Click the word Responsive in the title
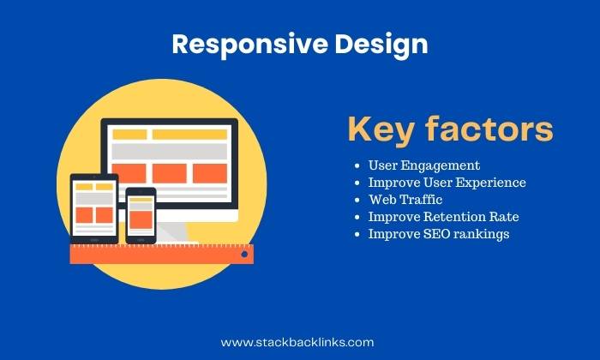click(x=250, y=44)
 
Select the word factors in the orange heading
click(x=489, y=129)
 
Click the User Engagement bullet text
click(x=424, y=165)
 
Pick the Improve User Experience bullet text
click(x=447, y=183)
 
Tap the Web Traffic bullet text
click(x=405, y=200)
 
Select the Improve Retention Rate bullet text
click(x=443, y=217)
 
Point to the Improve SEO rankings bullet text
click(x=439, y=234)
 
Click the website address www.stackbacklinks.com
click(x=297, y=342)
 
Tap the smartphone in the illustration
click(x=141, y=215)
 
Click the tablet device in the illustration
click(x=94, y=208)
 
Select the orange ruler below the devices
click(x=161, y=254)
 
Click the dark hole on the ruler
click(x=244, y=254)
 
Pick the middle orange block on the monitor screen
click(x=170, y=173)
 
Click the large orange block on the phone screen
click(x=141, y=219)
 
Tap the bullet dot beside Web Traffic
click(x=357, y=200)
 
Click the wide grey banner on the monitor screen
click(x=170, y=152)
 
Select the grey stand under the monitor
click(x=173, y=232)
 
